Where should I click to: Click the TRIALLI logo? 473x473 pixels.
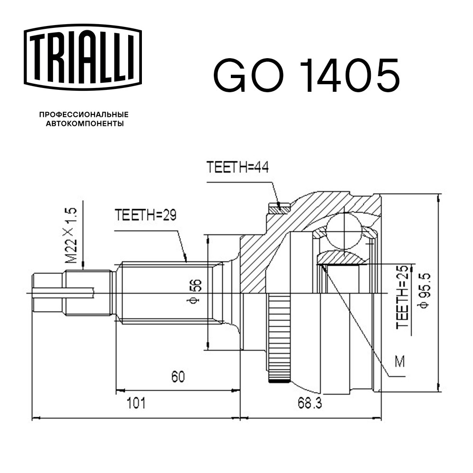pyautogui.click(x=83, y=57)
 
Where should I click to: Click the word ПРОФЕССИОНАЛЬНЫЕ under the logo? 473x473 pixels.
pyautogui.click(x=84, y=114)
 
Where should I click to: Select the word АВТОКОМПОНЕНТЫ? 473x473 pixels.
pyautogui.click(x=85, y=123)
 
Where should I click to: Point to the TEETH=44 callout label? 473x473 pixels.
pyautogui.click(x=237, y=167)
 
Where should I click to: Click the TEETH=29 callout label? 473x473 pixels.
pyautogui.click(x=145, y=215)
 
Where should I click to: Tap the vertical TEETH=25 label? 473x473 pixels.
pyautogui.click(x=403, y=297)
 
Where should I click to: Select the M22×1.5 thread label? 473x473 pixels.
pyautogui.click(x=71, y=236)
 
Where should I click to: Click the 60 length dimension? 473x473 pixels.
pyautogui.click(x=178, y=377)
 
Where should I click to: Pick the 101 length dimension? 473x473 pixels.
pyautogui.click(x=136, y=403)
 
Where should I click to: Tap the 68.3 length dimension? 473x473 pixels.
pyautogui.click(x=309, y=403)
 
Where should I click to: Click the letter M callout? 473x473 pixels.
pyautogui.click(x=400, y=361)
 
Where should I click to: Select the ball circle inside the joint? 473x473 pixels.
pyautogui.click(x=344, y=231)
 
